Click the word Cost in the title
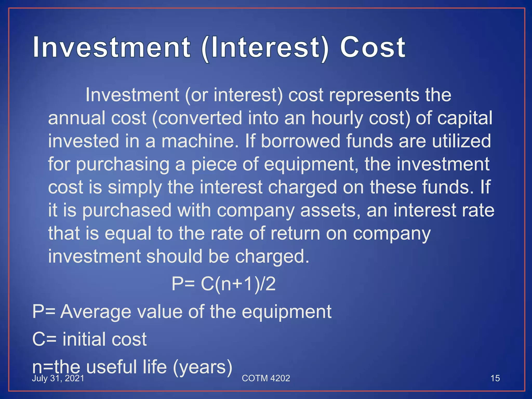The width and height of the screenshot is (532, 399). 373,48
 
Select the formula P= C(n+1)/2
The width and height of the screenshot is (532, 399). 223,284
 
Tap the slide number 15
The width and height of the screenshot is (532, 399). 495,378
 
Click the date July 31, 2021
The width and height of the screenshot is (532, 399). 58,378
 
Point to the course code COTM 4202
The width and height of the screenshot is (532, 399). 266,378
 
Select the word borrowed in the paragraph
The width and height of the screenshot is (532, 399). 300,141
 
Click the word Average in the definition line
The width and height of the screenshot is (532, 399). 96,311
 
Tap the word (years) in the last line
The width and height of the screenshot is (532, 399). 202,367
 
